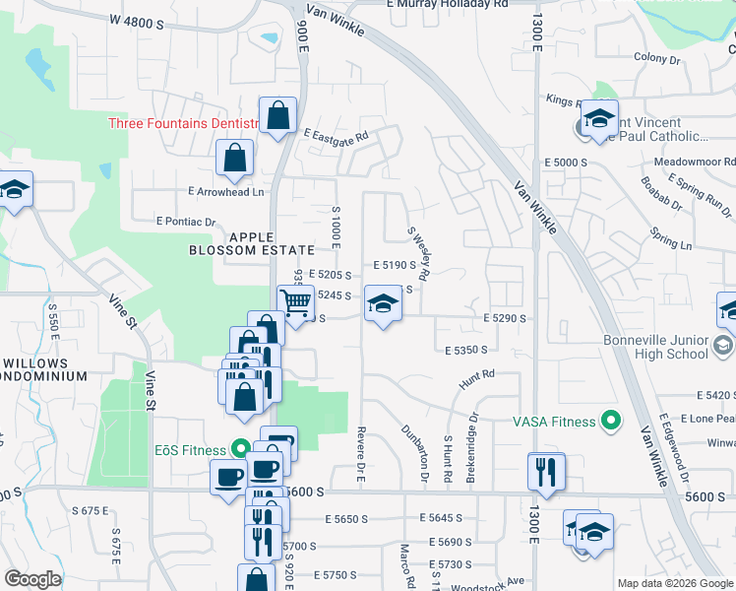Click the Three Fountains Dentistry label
pos(183,123)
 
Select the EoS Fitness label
pos(190,449)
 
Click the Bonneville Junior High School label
pos(654,347)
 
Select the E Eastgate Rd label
pos(336,135)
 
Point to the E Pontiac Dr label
pos(185,223)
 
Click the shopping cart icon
pos(296,299)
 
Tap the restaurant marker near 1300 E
pos(545,472)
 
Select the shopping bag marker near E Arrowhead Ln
pos(235,158)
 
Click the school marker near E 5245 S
pos(383,303)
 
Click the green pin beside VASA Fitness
pos(611,422)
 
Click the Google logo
pos(32,579)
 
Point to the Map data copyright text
pos(674,583)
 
